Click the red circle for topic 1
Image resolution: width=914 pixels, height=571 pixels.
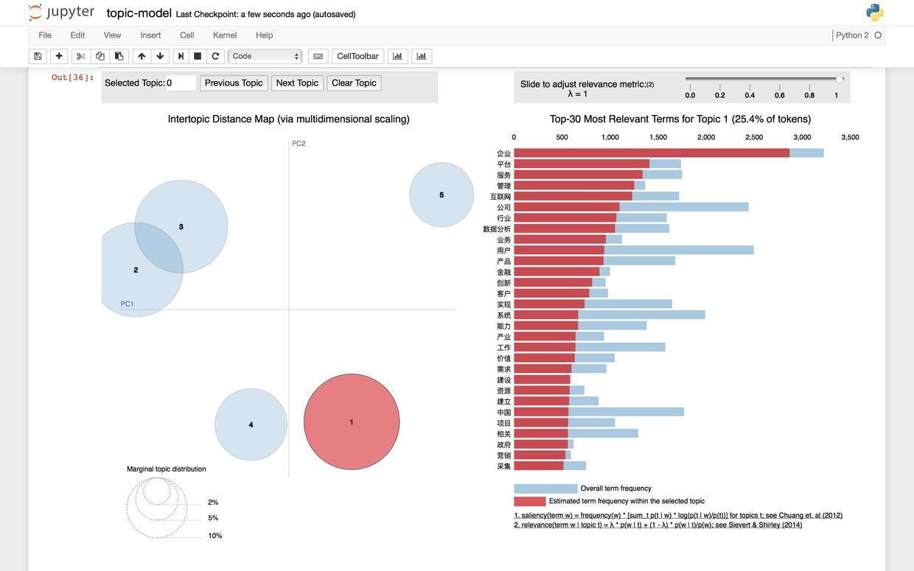point(352,421)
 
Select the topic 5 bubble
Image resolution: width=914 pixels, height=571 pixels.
point(442,195)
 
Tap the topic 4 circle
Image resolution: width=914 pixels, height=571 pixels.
point(251,424)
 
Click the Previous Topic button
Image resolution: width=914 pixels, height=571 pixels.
point(234,83)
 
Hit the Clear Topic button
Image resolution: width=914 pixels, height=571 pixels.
point(354,83)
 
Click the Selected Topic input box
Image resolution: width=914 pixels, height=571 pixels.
point(181,83)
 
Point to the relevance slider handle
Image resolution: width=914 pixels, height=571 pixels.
point(840,80)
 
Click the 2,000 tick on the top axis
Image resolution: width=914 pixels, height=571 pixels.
point(706,137)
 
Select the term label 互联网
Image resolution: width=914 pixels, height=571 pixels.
point(500,197)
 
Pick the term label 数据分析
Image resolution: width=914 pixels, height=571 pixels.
point(497,229)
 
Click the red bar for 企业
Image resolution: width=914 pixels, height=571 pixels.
point(652,153)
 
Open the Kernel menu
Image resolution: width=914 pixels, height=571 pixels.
point(225,35)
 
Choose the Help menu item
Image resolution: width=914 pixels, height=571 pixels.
point(265,35)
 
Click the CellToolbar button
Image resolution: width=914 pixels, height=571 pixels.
point(357,57)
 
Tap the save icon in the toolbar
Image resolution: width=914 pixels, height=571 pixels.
point(38,57)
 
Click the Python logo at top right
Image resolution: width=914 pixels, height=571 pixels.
point(875,13)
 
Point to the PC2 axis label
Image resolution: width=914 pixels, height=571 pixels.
point(299,144)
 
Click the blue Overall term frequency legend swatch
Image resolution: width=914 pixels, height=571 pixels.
point(545,488)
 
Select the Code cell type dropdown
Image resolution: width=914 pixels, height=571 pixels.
point(265,57)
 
